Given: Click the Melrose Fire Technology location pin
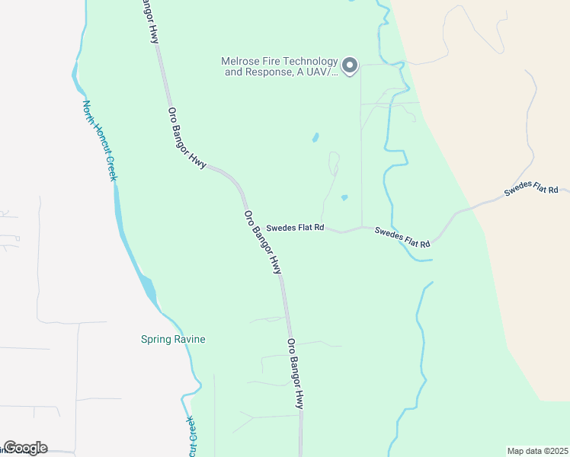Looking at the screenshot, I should coord(350,66).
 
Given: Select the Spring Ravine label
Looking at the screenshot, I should coord(174,339).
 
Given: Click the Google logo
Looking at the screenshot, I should coord(25,448).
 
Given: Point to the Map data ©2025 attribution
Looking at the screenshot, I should coord(537,450).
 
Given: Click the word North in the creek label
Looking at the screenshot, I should coord(88,113).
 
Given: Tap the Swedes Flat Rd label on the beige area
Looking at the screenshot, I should coord(531,190).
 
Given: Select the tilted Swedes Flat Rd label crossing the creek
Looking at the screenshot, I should coord(403,237).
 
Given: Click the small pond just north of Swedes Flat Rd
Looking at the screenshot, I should coord(344,198).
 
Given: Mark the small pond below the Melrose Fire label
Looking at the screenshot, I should coord(315,138).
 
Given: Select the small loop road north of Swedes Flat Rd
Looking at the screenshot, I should coord(334,161).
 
